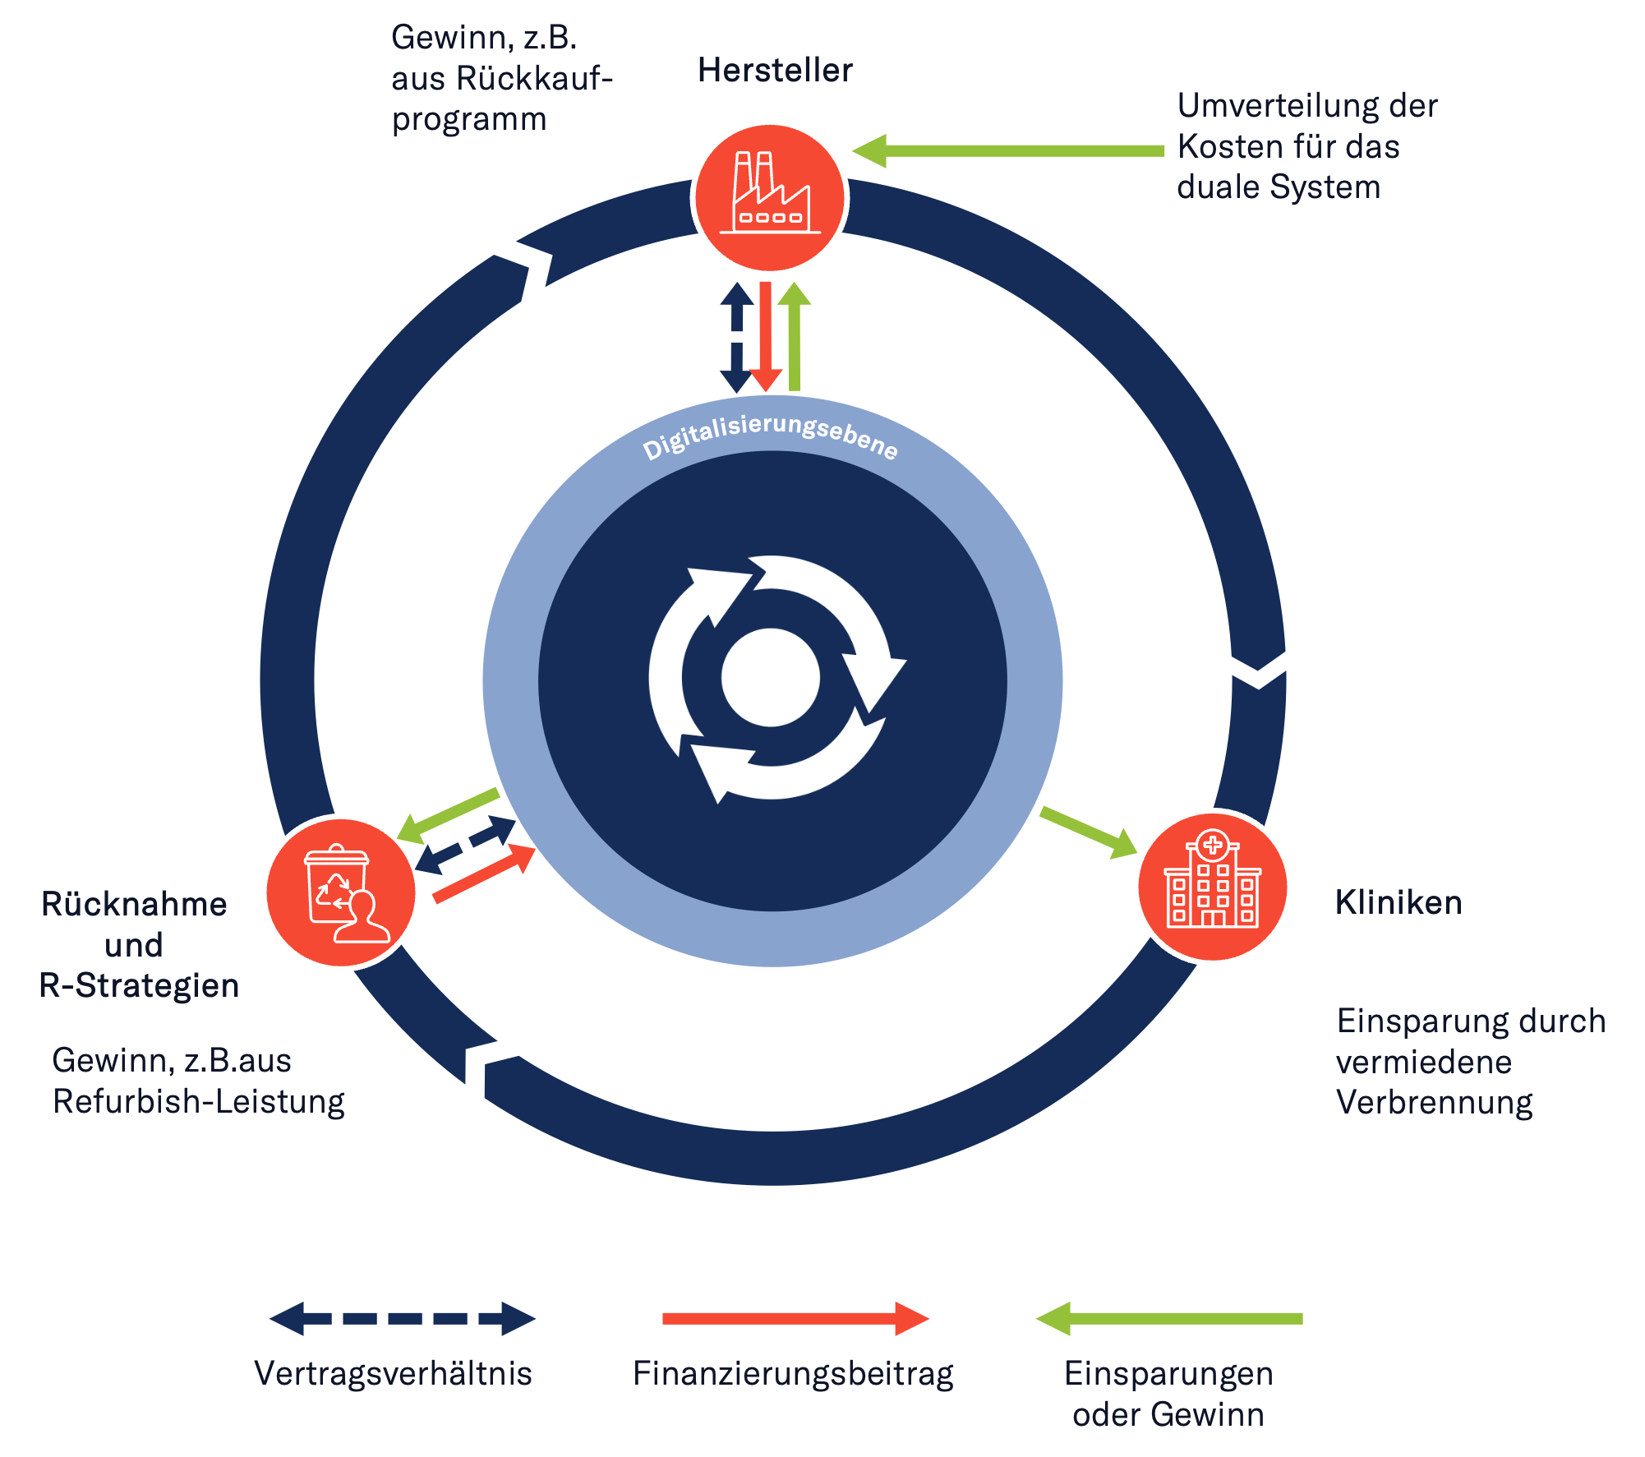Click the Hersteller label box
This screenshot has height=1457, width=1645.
pos(774,70)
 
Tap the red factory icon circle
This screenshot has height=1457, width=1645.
pos(770,198)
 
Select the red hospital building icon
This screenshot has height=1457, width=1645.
pos(1212,887)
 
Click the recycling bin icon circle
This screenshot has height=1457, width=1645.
pos(341,892)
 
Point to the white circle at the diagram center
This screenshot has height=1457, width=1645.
pos(771,678)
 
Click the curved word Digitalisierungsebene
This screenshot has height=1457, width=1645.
pos(770,434)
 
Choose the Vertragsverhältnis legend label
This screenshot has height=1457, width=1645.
pos(394,1373)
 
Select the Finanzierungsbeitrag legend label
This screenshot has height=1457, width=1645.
pos(792,1373)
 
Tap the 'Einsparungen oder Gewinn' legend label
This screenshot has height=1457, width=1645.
pos(1168,1394)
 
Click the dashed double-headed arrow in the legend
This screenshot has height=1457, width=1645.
pos(403,1318)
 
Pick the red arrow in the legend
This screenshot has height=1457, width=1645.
pos(795,1318)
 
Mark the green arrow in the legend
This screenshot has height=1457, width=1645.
pos(1168,1318)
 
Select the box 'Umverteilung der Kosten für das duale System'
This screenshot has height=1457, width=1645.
pos(1311,146)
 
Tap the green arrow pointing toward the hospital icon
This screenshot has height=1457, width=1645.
pos(1089,832)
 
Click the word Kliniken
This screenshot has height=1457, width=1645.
pos(1398,902)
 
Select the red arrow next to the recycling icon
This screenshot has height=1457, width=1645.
pos(483,874)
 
